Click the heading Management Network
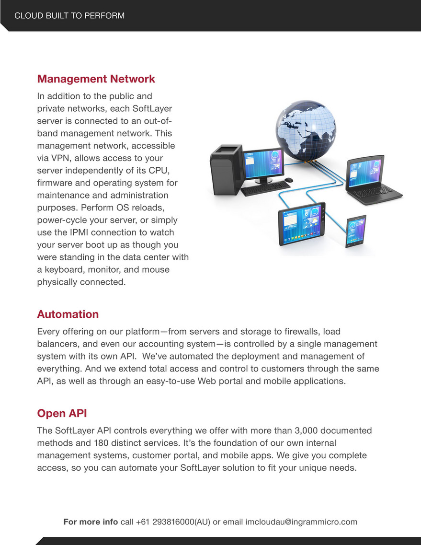96,79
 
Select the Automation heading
68,314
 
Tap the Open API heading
62,413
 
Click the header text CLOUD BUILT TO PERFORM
69,16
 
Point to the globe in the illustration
306,130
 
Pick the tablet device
302,223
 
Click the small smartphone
356,231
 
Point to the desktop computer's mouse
288,180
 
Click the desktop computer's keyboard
265,188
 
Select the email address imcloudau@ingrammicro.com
301,522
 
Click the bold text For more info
91,522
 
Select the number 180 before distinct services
101,443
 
